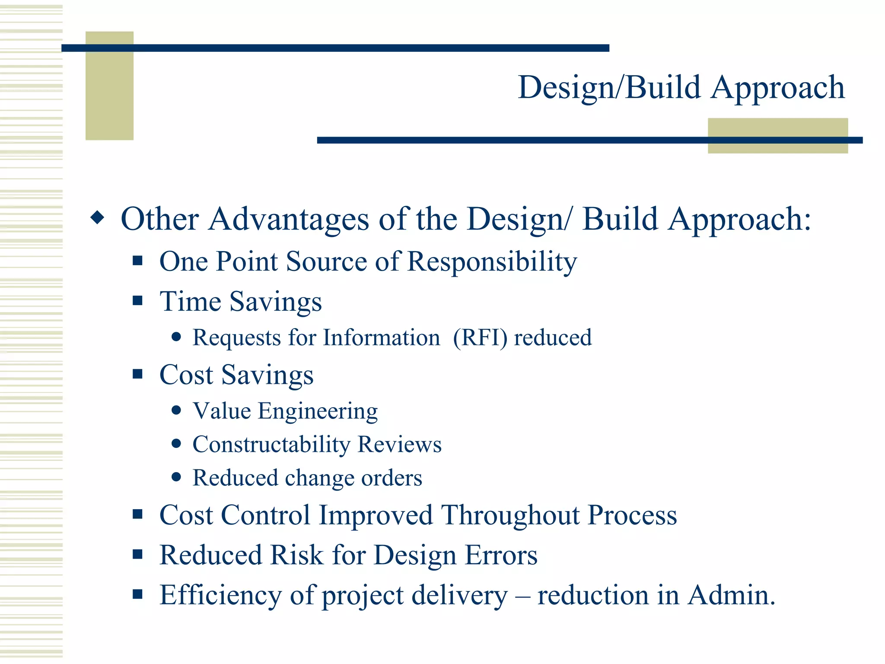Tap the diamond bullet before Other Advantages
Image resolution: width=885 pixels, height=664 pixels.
(x=98, y=217)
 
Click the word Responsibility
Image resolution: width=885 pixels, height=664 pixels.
(x=492, y=262)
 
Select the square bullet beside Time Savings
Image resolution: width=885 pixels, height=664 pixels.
(x=137, y=300)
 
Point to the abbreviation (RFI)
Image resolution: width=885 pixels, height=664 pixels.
(x=480, y=338)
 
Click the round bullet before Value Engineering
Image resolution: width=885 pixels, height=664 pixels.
(x=176, y=410)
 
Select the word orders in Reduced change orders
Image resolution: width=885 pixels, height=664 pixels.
(x=392, y=478)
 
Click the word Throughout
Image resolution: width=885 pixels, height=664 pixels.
(x=510, y=515)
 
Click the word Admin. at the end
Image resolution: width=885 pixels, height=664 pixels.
(x=731, y=595)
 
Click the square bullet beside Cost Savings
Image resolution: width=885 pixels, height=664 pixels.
(x=137, y=374)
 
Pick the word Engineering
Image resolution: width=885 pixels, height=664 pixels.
(x=318, y=411)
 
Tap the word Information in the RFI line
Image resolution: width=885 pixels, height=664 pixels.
(x=381, y=338)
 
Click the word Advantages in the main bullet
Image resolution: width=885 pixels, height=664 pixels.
(x=289, y=219)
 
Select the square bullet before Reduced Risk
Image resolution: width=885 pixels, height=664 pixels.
(x=137, y=554)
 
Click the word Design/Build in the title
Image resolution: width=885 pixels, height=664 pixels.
(x=608, y=88)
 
